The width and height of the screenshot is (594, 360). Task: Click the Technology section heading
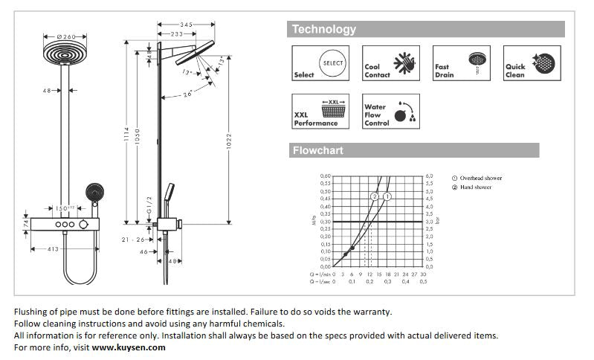click(324, 30)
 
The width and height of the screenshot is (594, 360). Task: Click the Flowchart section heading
click(317, 151)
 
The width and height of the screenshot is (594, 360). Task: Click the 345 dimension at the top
click(186, 25)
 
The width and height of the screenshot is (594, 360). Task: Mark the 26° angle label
click(188, 93)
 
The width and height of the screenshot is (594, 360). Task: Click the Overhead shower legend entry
click(480, 179)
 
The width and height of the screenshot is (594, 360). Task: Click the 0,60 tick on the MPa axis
click(326, 176)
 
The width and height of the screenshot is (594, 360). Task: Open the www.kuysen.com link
click(129, 347)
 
